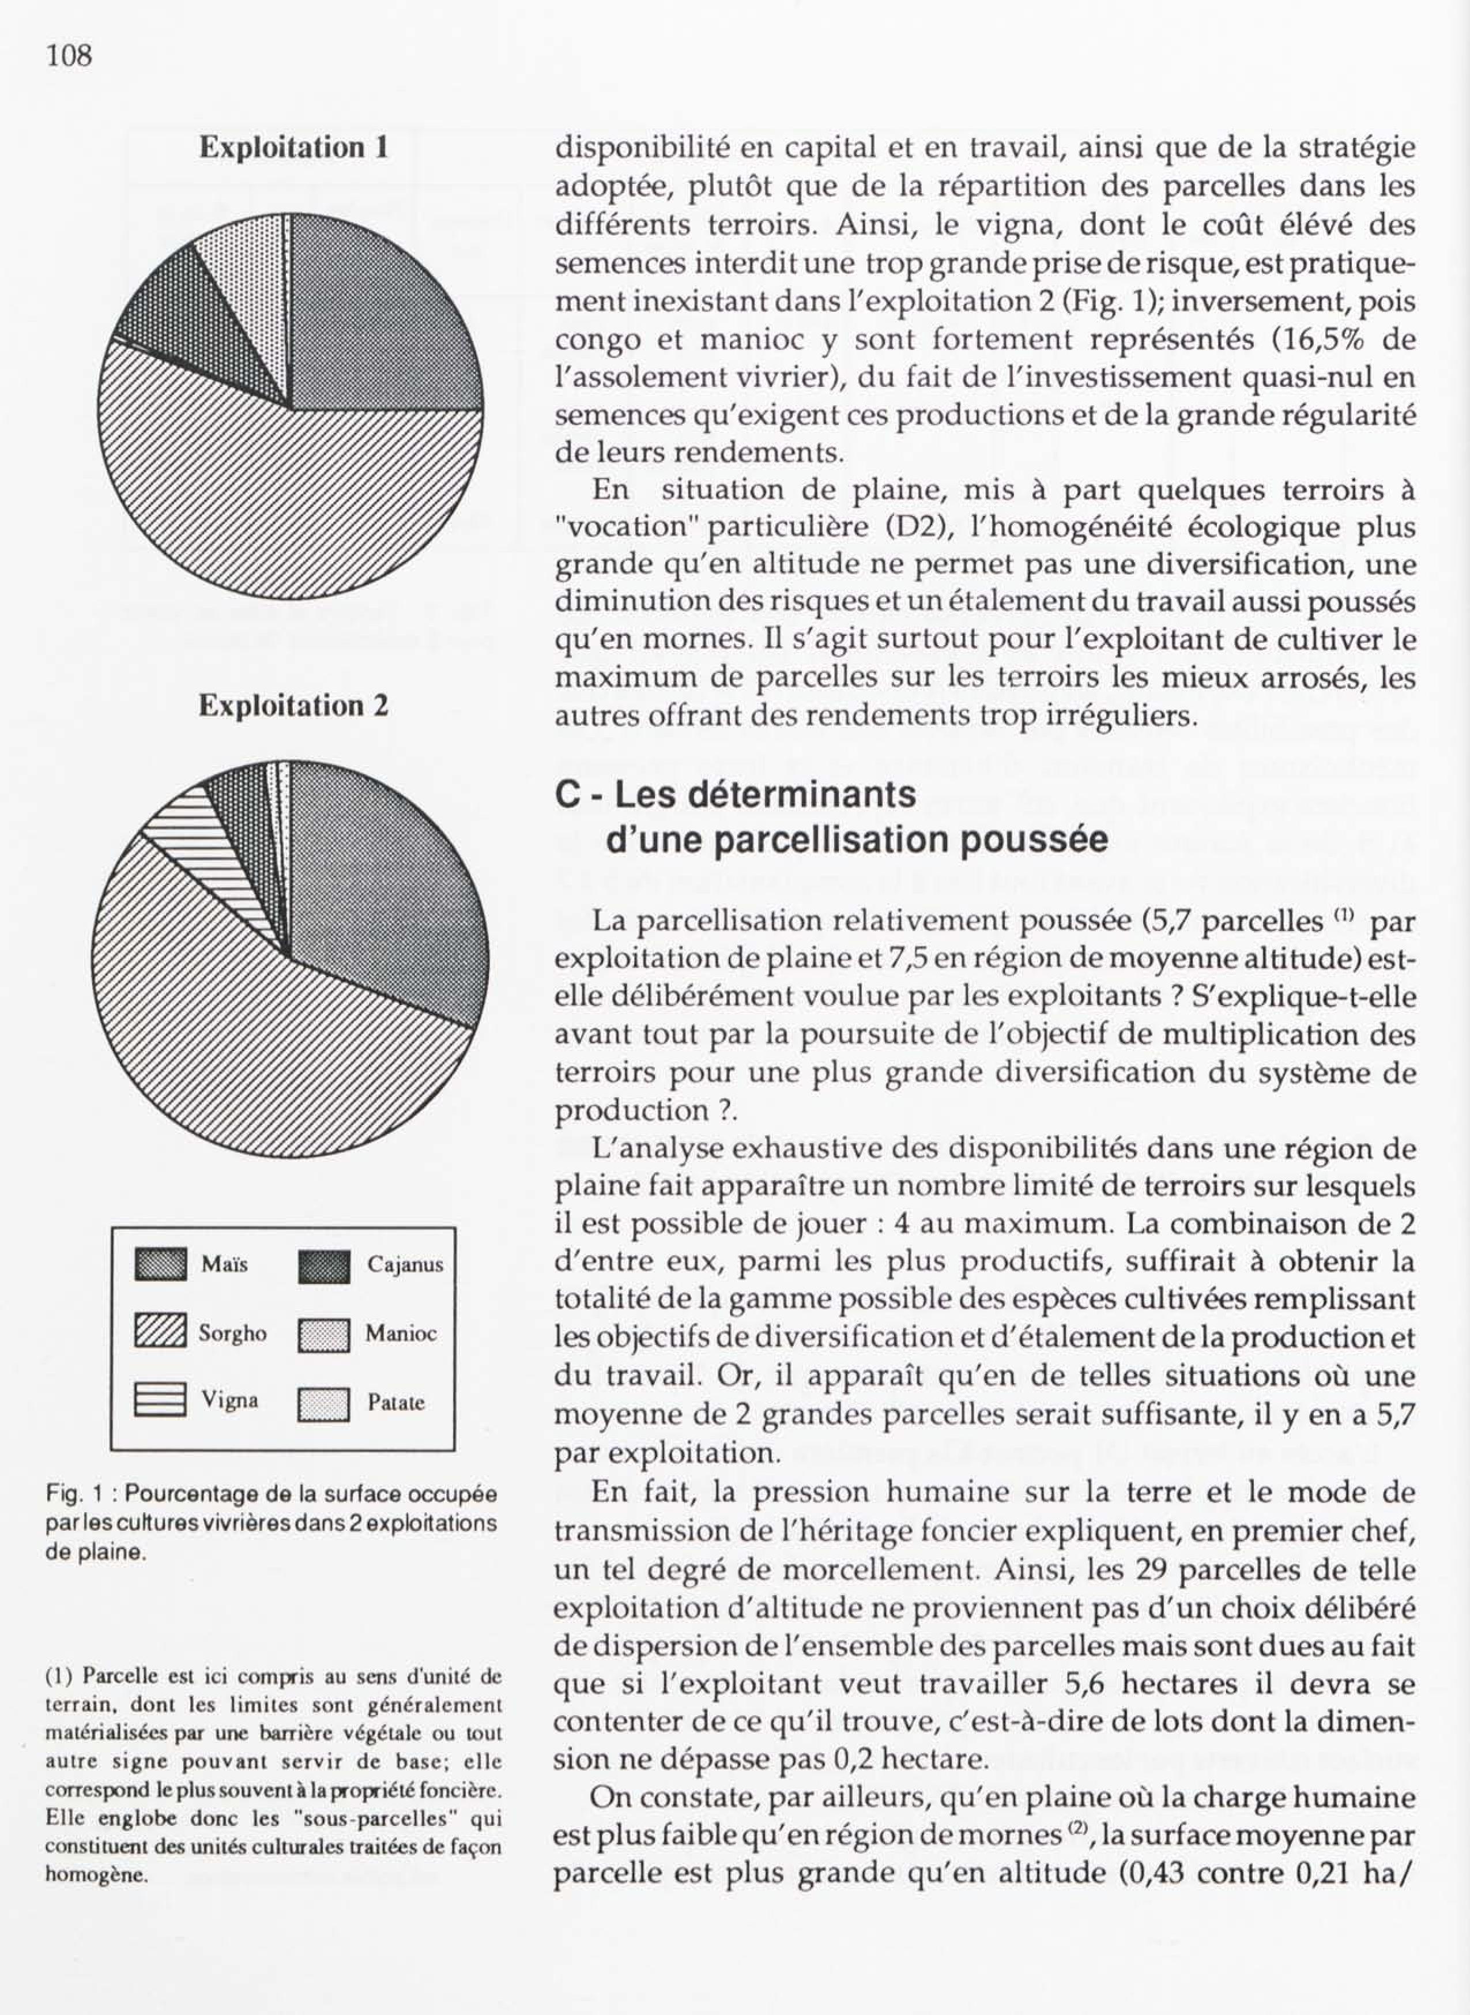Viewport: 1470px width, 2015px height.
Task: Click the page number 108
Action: coord(69,56)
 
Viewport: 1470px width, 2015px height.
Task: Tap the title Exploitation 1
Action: coord(293,147)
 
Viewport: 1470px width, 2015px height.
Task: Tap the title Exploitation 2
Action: coord(293,706)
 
